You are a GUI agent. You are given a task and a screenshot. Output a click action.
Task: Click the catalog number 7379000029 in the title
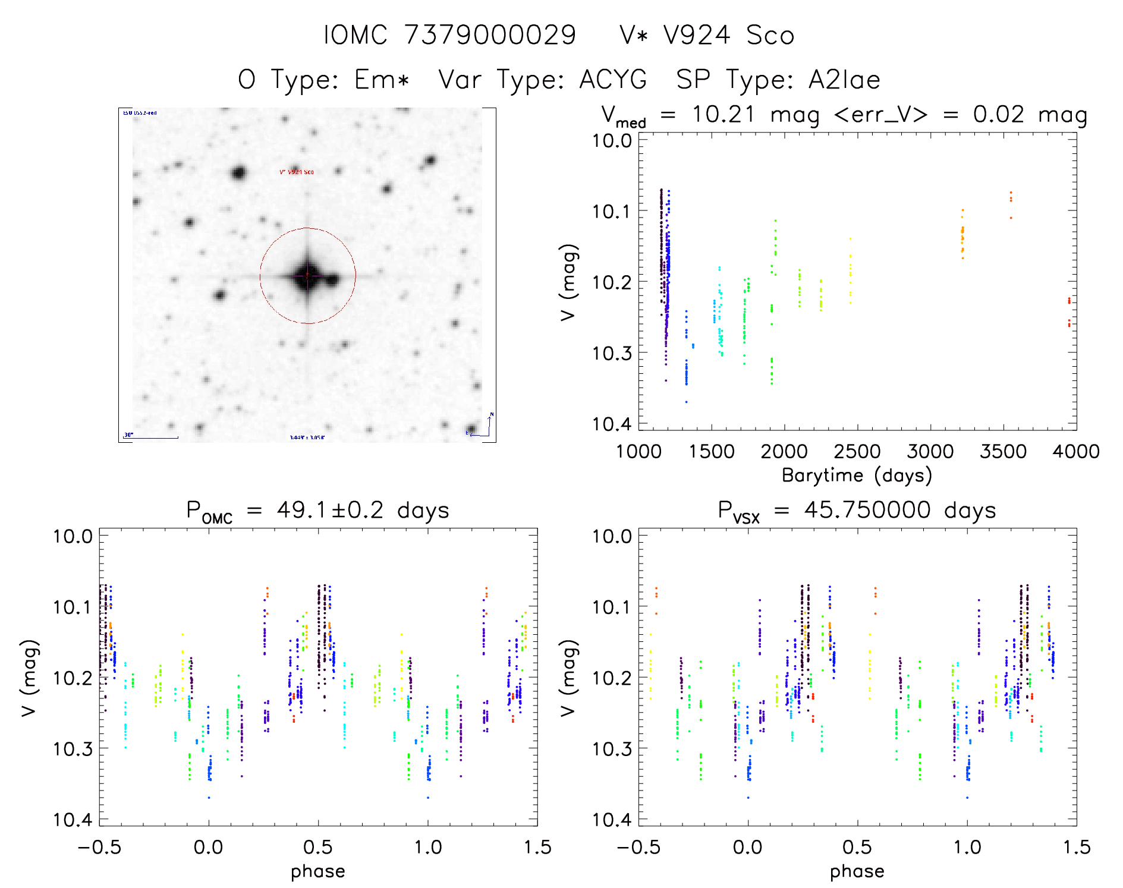click(490, 35)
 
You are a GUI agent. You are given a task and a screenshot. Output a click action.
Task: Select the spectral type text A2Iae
click(844, 80)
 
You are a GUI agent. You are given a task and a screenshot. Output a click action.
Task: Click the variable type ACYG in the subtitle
click(613, 80)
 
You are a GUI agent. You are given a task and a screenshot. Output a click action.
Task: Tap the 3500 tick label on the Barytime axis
click(1003, 451)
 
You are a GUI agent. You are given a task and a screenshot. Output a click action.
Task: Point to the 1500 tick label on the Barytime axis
click(712, 451)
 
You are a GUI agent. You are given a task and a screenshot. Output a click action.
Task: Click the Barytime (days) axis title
click(857, 476)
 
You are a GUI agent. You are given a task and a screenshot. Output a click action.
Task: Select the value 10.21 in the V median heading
click(723, 114)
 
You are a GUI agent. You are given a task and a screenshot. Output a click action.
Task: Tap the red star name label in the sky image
click(297, 172)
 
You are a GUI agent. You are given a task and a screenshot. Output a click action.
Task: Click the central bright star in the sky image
click(307, 276)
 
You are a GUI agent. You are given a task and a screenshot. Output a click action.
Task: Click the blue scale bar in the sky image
click(151, 438)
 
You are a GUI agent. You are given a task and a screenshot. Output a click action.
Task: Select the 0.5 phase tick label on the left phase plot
click(318, 847)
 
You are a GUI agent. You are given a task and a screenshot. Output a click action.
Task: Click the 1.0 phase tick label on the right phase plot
click(967, 847)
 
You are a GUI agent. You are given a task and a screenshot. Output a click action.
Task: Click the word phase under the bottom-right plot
click(857, 871)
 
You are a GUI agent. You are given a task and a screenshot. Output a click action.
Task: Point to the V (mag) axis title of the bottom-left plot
click(30, 678)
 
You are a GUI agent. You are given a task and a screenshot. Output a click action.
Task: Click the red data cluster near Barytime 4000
click(1069, 312)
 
